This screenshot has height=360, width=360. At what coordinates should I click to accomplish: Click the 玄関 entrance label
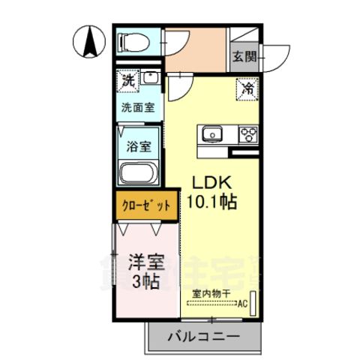(x=244, y=56)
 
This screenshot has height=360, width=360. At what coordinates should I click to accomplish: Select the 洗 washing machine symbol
(x=127, y=79)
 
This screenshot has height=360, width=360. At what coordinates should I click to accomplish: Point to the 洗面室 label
(x=138, y=106)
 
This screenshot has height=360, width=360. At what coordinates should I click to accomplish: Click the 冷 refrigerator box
(x=247, y=88)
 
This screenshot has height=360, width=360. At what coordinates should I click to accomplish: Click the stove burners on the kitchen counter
(x=247, y=135)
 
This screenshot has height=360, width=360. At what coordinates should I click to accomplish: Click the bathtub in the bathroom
(x=138, y=175)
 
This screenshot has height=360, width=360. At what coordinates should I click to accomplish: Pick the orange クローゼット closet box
(x=146, y=204)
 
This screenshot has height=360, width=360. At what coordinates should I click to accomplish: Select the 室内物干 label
(x=209, y=294)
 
